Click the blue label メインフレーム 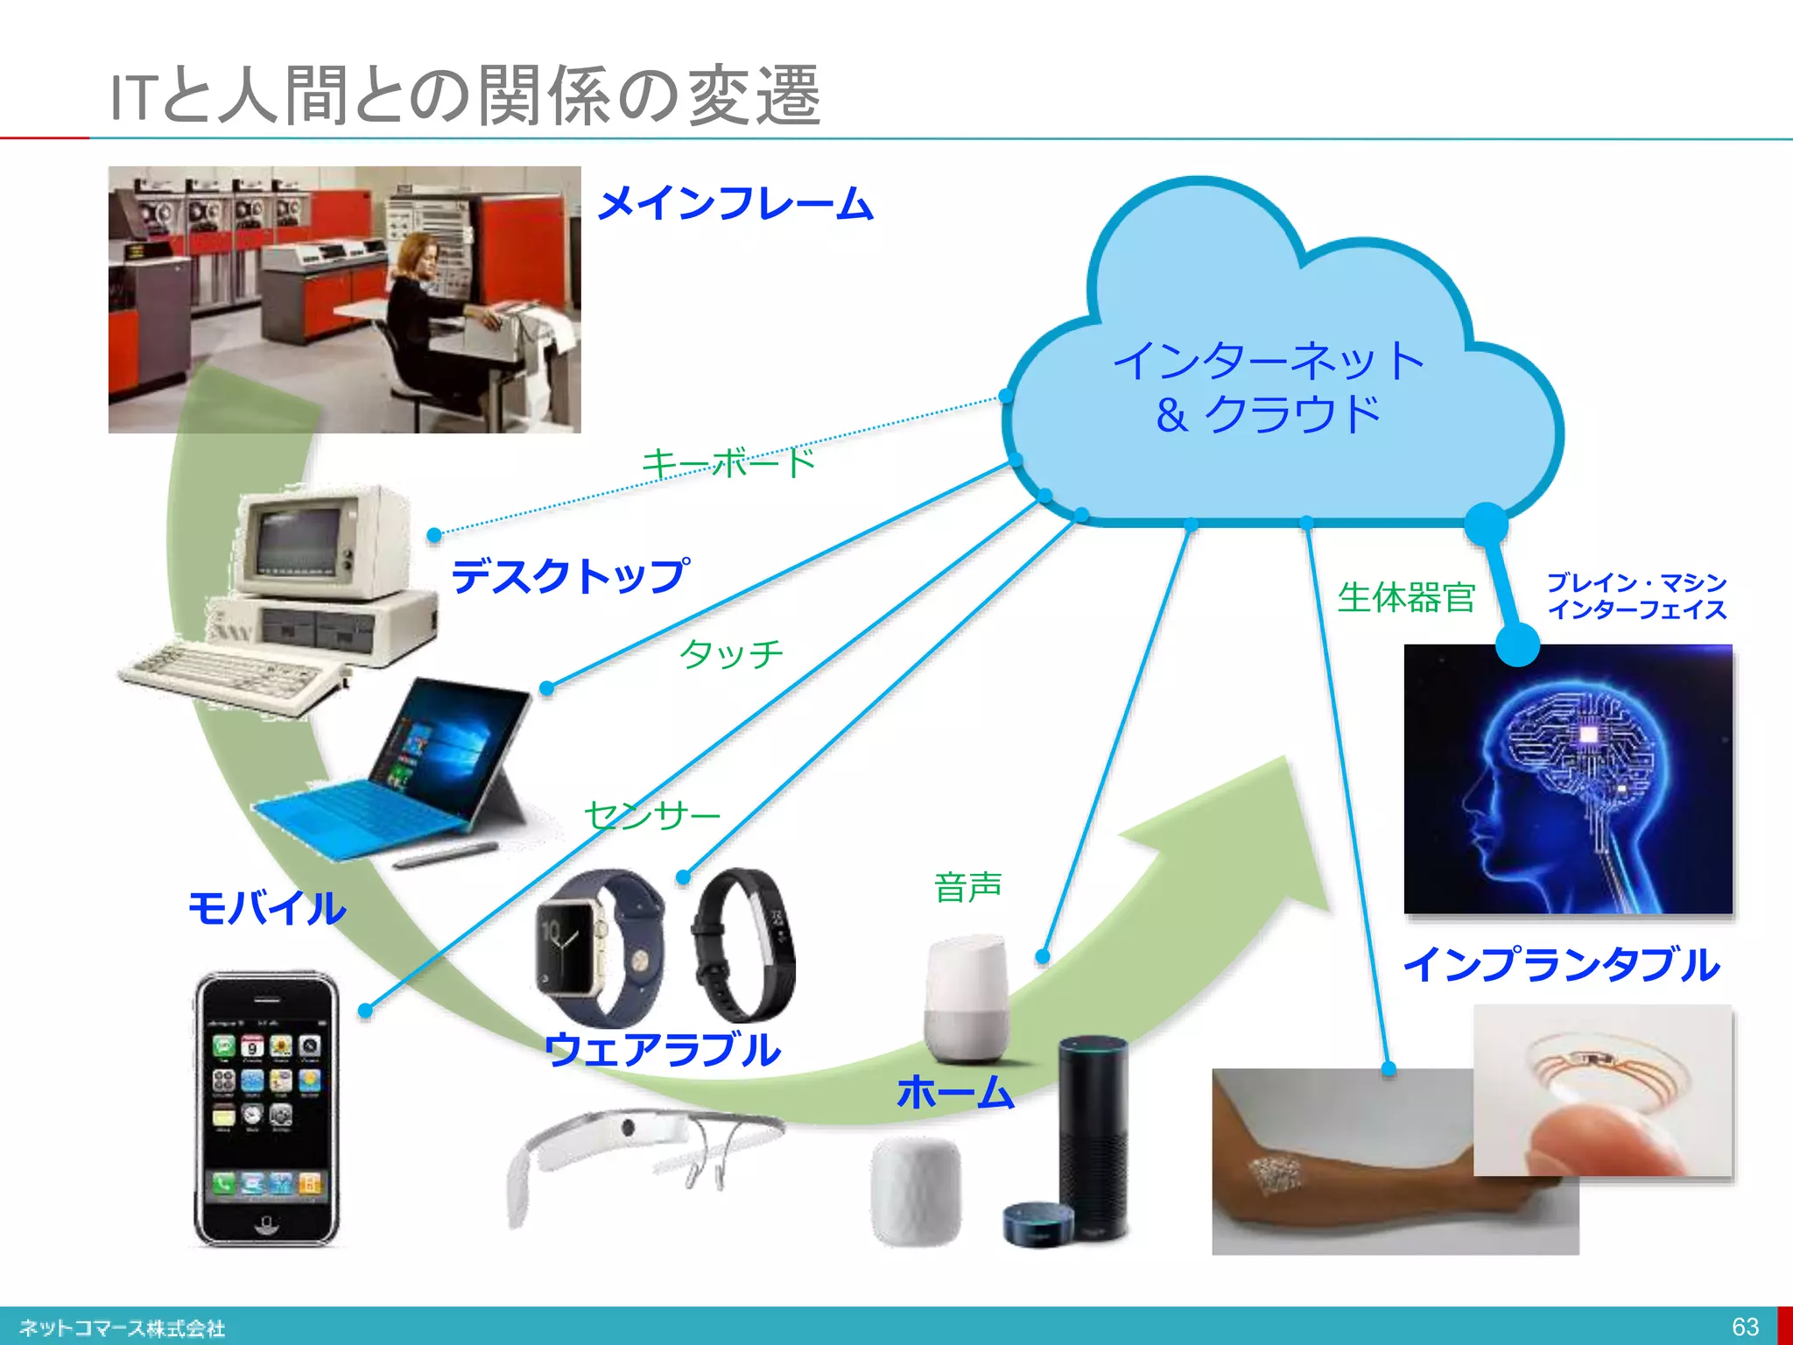pyautogui.click(x=735, y=203)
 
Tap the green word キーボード pyautogui.click(x=728, y=462)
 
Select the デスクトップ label pyautogui.click(x=570, y=576)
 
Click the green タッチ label pyautogui.click(x=731, y=653)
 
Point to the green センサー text pyautogui.click(x=652, y=815)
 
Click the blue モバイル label pyautogui.click(x=267, y=907)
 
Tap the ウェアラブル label pyautogui.click(x=662, y=1049)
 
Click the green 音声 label pyautogui.click(x=967, y=887)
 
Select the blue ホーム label pyautogui.click(x=955, y=1093)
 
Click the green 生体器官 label pyautogui.click(x=1406, y=598)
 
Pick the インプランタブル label pyautogui.click(x=1562, y=965)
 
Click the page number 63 pyautogui.click(x=1745, y=1327)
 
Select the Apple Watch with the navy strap pyautogui.click(x=599, y=946)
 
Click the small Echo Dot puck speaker pyautogui.click(x=1038, y=1224)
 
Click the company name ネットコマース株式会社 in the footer pyautogui.click(x=123, y=1327)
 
